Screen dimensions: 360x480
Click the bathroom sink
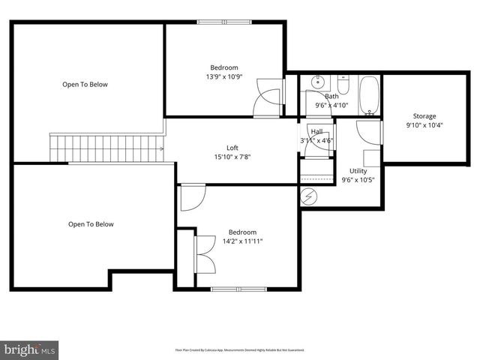coord(318,82)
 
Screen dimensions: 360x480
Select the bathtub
coord(369,95)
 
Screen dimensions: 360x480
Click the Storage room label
coord(424,116)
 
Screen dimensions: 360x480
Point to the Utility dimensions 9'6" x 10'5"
coord(358,180)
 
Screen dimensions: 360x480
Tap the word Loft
coord(233,147)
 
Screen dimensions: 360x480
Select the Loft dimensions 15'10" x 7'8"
coord(233,157)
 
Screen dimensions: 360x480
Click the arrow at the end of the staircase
coord(161,148)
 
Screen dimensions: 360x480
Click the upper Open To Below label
coord(85,85)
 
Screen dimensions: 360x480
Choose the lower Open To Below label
coord(91,223)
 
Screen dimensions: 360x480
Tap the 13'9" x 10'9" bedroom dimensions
coord(224,76)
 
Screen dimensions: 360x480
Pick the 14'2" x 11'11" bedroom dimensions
coord(242,241)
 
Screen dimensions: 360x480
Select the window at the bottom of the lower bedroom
coord(238,289)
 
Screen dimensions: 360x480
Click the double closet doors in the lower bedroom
coord(203,255)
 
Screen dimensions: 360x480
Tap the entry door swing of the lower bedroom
coord(191,199)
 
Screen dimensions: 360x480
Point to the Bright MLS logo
coord(29,349)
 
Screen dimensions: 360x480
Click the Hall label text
coord(316,132)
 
